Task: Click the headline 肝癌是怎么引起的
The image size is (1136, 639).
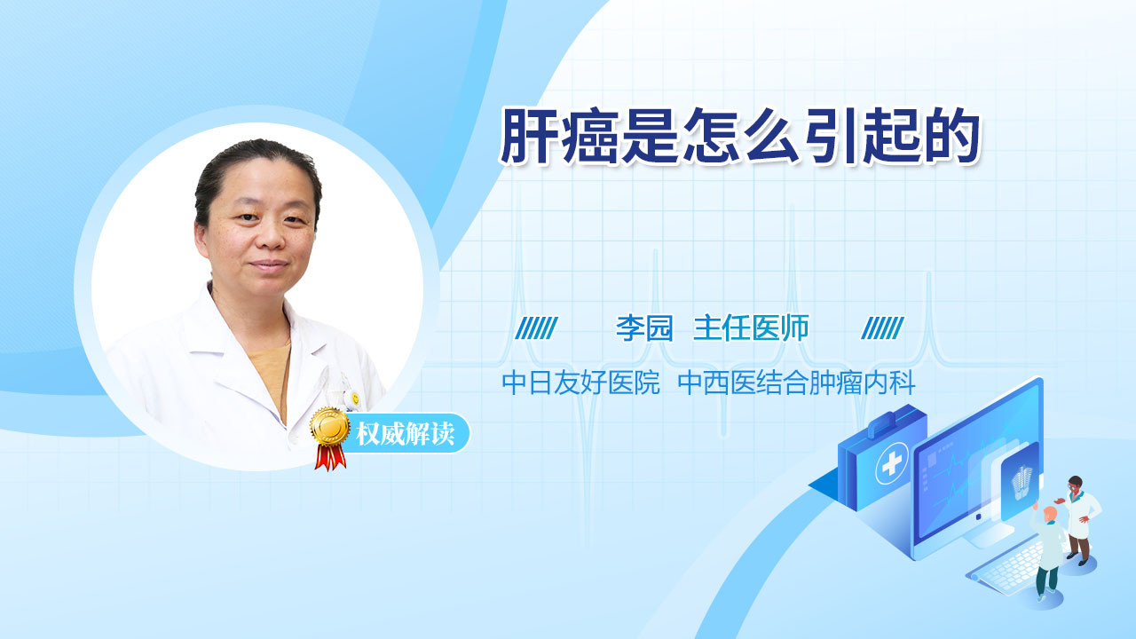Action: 740,136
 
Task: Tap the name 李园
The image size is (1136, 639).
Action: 644,328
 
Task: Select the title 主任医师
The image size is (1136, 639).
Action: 751,328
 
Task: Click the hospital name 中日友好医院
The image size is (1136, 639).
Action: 580,383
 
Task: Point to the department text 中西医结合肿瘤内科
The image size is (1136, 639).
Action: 796,383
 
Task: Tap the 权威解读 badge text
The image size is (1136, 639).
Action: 405,434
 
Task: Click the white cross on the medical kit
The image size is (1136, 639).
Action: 892,463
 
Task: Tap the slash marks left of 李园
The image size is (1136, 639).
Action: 537,328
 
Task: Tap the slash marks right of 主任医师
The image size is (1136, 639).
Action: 882,328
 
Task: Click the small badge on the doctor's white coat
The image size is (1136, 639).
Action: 355,398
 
